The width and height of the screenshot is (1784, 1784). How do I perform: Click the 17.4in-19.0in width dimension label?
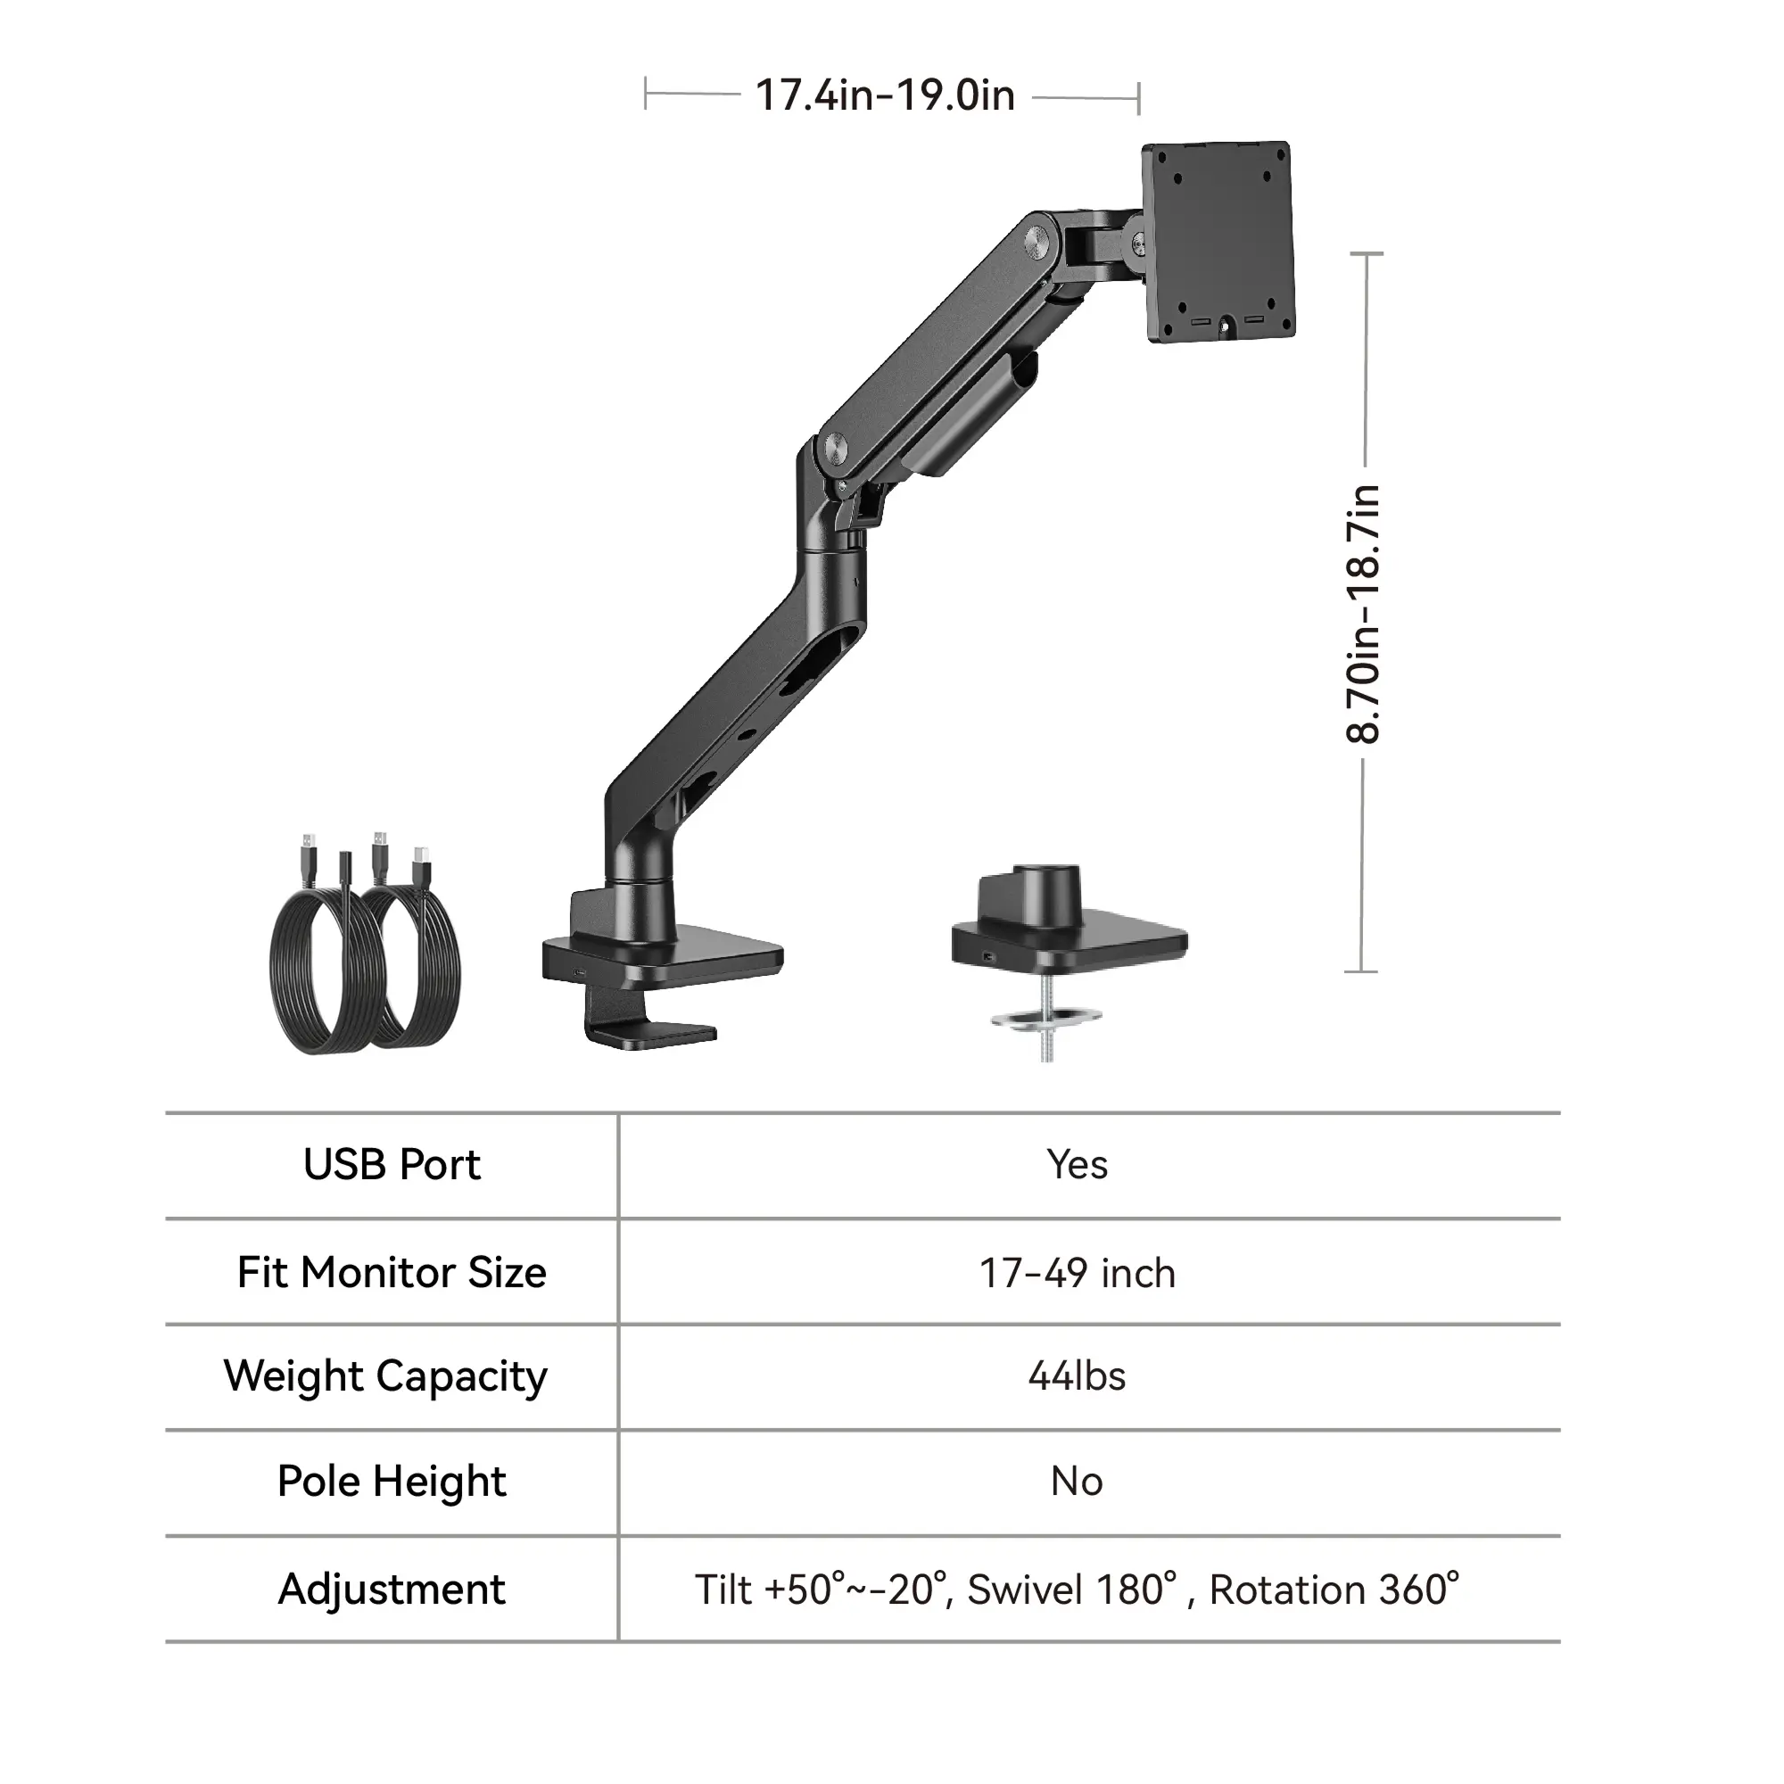pos(885,96)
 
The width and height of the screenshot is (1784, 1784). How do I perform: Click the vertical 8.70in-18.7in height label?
pos(1363,614)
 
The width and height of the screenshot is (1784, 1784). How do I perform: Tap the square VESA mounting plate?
pos(1218,242)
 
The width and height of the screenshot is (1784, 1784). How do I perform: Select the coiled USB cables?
pos(366,951)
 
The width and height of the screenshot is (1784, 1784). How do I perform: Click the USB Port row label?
pos(392,1165)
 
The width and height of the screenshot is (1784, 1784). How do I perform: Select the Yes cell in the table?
pos(1077,1165)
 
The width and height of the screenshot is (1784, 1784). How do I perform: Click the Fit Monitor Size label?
pos(392,1273)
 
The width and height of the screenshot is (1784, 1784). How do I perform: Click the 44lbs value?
pos(1077,1376)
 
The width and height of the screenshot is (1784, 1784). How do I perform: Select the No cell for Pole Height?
pos(1077,1482)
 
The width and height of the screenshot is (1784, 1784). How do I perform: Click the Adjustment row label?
pos(392,1590)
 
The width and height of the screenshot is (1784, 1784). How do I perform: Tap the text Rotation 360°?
pos(1334,1590)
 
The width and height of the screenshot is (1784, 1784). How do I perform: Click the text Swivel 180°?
pos(1072,1590)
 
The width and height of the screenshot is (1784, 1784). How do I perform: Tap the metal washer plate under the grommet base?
pos(1047,1019)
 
